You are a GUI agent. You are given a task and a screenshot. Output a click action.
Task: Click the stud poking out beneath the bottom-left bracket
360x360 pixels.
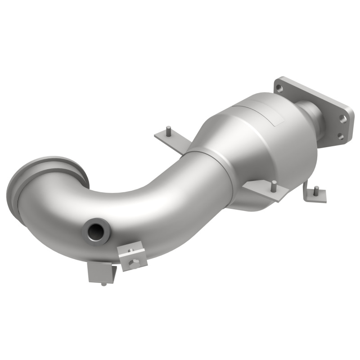click(104, 283)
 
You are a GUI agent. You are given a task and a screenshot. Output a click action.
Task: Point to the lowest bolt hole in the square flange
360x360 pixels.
click(340, 136)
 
